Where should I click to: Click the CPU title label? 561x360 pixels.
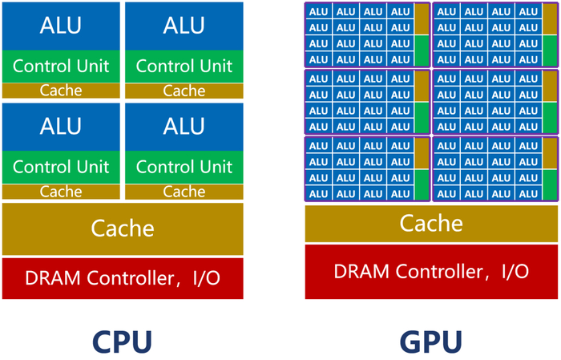[122, 341]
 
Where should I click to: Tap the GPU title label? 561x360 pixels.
[430, 341]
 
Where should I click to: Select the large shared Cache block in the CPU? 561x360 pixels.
[123, 229]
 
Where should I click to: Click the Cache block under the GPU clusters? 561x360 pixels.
[430, 223]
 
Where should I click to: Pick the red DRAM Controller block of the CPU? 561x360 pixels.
[123, 278]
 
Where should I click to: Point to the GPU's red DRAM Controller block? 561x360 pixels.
[430, 271]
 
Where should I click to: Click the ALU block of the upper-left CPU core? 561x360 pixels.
[61, 26]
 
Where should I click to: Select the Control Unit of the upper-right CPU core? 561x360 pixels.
[184, 66]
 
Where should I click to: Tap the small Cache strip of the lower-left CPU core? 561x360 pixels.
[61, 192]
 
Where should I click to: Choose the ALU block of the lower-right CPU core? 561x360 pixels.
[184, 126]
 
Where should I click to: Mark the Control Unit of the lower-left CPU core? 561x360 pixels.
[61, 167]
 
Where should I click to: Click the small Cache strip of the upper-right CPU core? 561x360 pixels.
[184, 91]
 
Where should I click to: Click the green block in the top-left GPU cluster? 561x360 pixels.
[422, 51]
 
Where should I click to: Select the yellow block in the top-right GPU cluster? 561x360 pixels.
[549, 19]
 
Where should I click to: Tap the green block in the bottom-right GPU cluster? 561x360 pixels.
[549, 185]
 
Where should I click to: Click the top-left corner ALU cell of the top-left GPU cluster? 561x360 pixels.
[319, 11]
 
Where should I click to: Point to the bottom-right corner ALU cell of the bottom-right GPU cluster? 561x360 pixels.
[527, 193]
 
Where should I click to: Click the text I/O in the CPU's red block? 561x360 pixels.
[204, 278]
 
